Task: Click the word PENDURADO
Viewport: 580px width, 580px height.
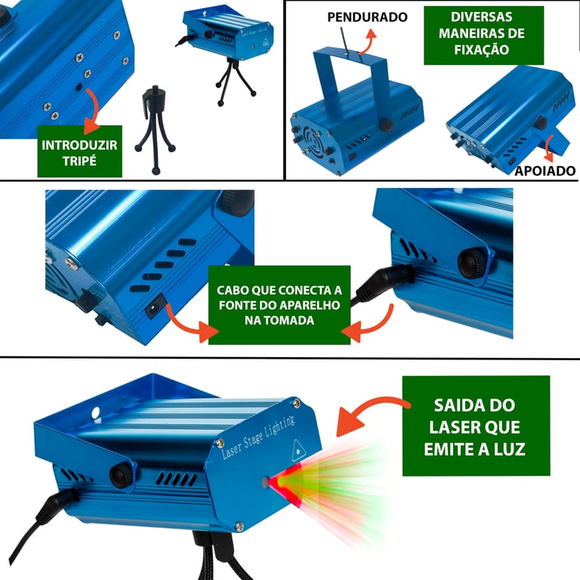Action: point(367,17)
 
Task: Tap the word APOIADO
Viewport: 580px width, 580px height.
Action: point(545,171)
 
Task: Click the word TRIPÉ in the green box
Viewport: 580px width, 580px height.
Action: point(79,161)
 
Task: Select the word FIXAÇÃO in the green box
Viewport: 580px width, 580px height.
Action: point(482,49)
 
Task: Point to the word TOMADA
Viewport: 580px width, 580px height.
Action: point(290,320)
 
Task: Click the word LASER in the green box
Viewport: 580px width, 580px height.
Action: point(450,427)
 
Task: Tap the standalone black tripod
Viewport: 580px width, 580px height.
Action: point(155,130)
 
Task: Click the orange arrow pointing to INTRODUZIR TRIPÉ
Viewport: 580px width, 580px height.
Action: point(92,110)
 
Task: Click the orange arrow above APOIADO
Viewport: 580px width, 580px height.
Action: point(550,148)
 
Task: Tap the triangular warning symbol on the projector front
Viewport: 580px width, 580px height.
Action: point(298,451)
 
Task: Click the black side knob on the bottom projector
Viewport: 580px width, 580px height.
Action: point(121,475)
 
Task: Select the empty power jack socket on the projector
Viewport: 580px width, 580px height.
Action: point(154,307)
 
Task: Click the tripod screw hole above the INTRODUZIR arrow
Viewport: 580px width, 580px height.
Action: point(79,88)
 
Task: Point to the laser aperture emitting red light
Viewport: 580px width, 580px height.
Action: point(265,482)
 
